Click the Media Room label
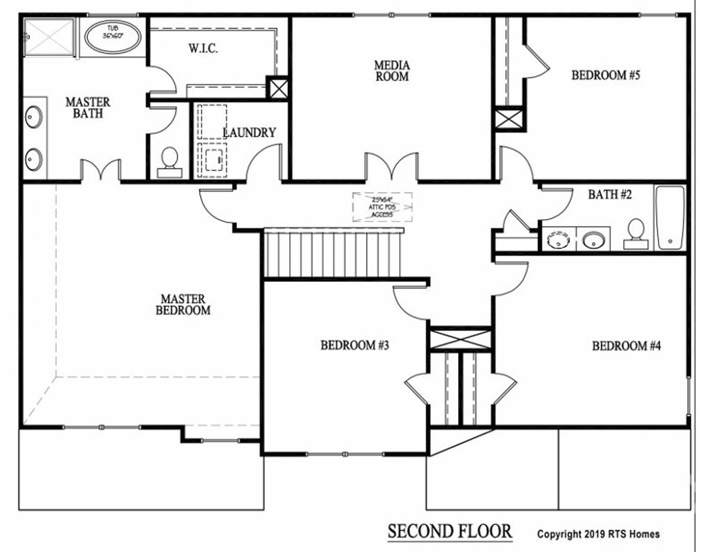point(392,71)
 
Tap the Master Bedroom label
point(183,305)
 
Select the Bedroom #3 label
point(354,345)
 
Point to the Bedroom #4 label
point(626,345)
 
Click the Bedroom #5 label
point(605,75)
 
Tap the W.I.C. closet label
point(204,50)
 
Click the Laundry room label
point(249,133)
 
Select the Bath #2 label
point(609,195)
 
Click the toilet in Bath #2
point(635,233)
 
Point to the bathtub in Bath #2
point(670,217)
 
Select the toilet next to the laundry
point(169,163)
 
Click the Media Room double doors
point(391,167)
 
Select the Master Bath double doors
point(101,170)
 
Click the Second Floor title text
point(450,532)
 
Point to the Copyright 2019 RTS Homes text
point(598,535)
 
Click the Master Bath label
point(87,107)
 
